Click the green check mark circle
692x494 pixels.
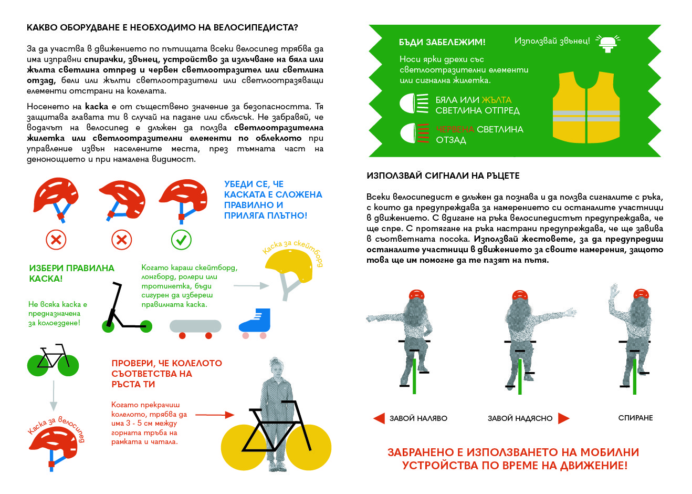click(181, 240)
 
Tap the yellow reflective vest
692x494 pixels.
click(586, 108)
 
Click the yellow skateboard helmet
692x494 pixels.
click(286, 267)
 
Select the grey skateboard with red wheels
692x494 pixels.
click(195, 328)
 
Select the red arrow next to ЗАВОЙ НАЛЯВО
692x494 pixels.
click(379, 418)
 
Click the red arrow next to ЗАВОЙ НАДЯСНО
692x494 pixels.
click(563, 418)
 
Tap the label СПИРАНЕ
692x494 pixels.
click(635, 418)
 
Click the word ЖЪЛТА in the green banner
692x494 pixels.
click(496, 100)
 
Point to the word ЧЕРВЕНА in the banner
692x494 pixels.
click(455, 129)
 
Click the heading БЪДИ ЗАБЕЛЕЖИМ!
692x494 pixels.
click(442, 42)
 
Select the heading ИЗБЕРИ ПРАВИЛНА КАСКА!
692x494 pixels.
click(71, 273)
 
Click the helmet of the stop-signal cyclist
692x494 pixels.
click(641, 294)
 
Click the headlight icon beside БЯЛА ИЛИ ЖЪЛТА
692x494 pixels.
click(414, 103)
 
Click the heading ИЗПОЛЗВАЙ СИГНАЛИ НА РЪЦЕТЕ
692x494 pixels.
click(443, 176)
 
